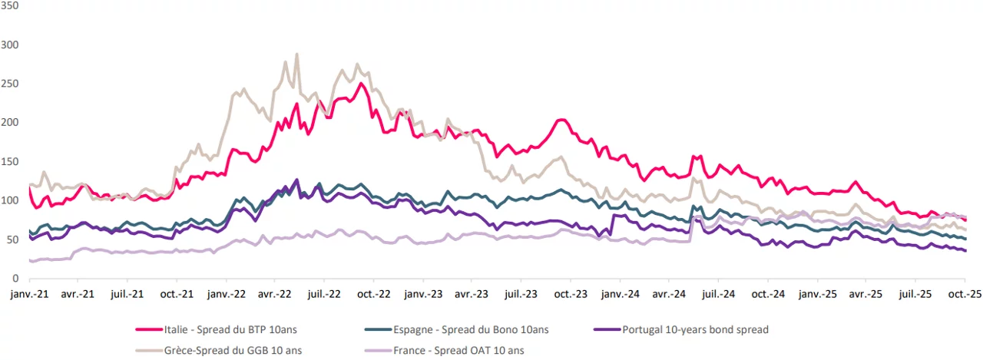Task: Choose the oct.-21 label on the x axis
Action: pos(177,294)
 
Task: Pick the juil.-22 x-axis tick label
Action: pos(324,294)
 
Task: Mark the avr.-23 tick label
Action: pos(472,294)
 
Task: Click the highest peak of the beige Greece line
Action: pos(296,54)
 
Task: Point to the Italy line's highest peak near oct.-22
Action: pos(360,84)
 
